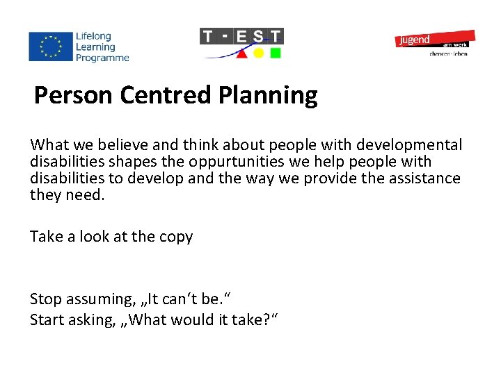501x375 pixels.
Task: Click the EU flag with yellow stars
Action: pos(50,47)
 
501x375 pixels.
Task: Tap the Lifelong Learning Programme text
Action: pos(102,47)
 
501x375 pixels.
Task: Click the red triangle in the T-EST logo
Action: pos(241,53)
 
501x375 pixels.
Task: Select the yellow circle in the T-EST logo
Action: pos(258,53)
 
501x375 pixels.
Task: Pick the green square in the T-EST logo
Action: pos(276,53)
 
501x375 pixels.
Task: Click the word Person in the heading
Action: pos(74,95)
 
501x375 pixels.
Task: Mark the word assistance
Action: pos(424,178)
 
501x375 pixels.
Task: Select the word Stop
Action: pos(46,299)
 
